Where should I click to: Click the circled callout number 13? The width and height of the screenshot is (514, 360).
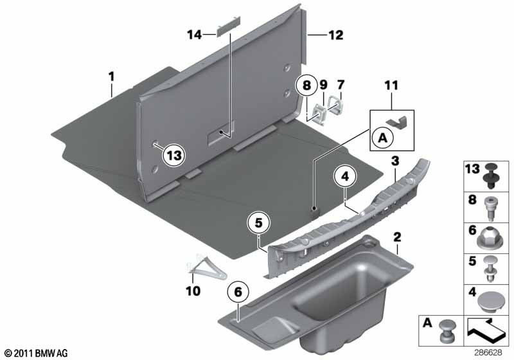click(x=173, y=155)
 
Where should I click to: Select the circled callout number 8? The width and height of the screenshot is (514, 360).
click(x=306, y=85)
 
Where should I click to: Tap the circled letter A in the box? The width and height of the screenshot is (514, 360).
click(x=382, y=138)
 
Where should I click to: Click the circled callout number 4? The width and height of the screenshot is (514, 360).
click(x=345, y=176)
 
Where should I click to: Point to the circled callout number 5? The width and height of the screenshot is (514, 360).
click(x=259, y=223)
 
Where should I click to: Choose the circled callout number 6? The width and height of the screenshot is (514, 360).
click(x=238, y=291)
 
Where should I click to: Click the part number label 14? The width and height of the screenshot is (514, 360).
click(x=195, y=35)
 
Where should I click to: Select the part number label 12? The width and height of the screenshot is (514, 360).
click(x=335, y=35)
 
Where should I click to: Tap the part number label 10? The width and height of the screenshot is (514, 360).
click(x=193, y=291)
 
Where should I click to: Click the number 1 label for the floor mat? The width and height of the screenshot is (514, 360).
click(x=112, y=77)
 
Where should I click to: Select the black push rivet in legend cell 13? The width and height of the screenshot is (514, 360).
click(x=490, y=175)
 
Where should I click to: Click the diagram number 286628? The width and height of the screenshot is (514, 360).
click(x=488, y=353)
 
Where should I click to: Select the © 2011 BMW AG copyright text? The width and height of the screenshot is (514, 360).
click(x=37, y=353)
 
